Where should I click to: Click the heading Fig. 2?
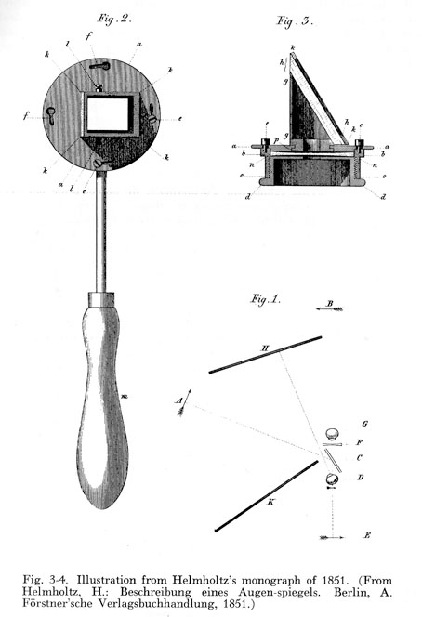(x=113, y=19)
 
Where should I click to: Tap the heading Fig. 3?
(x=295, y=20)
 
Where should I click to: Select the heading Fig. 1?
(x=266, y=299)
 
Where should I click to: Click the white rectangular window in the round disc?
(x=108, y=114)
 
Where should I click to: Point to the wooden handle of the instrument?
(x=102, y=405)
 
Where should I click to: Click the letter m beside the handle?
(x=125, y=396)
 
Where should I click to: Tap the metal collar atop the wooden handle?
(x=101, y=298)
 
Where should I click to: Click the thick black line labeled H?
(x=265, y=355)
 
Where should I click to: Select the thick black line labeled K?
(x=266, y=496)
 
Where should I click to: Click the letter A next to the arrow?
(x=179, y=401)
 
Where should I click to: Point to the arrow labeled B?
(x=330, y=309)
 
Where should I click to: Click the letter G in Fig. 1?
(x=364, y=424)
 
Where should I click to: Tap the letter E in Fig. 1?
(x=367, y=535)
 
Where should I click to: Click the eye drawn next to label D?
(x=332, y=479)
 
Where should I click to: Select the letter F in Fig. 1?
(x=360, y=442)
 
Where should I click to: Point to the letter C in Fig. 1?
(x=359, y=458)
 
